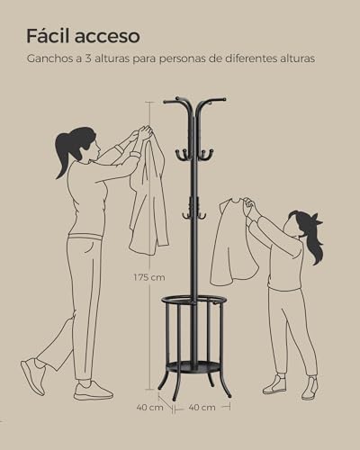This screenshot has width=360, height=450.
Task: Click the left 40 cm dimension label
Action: (x=150, y=408)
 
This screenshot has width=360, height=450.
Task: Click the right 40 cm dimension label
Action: (x=202, y=408)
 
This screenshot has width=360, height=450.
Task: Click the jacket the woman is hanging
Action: (x=148, y=198)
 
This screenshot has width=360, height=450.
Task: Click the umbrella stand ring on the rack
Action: (x=194, y=301)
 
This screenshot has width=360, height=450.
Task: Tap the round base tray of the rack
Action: (x=194, y=367)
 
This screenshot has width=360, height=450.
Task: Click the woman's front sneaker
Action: (x=93, y=391)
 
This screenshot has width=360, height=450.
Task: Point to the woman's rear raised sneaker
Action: (x=32, y=375)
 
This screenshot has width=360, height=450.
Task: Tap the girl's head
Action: (x=300, y=225)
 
